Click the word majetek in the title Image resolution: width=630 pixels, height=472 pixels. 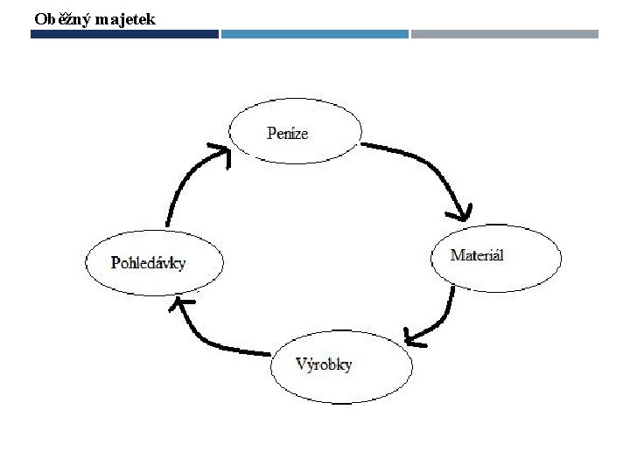[x=122, y=17]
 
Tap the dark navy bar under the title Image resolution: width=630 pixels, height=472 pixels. [x=124, y=34]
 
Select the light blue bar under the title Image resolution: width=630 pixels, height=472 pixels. [x=314, y=34]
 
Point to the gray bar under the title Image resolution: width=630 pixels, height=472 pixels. [x=504, y=34]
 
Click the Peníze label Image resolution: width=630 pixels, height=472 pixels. [x=288, y=133]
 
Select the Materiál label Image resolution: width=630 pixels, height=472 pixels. [x=477, y=255]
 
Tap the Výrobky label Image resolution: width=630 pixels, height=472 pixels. [x=324, y=364]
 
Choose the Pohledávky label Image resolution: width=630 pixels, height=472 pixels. [x=148, y=262]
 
